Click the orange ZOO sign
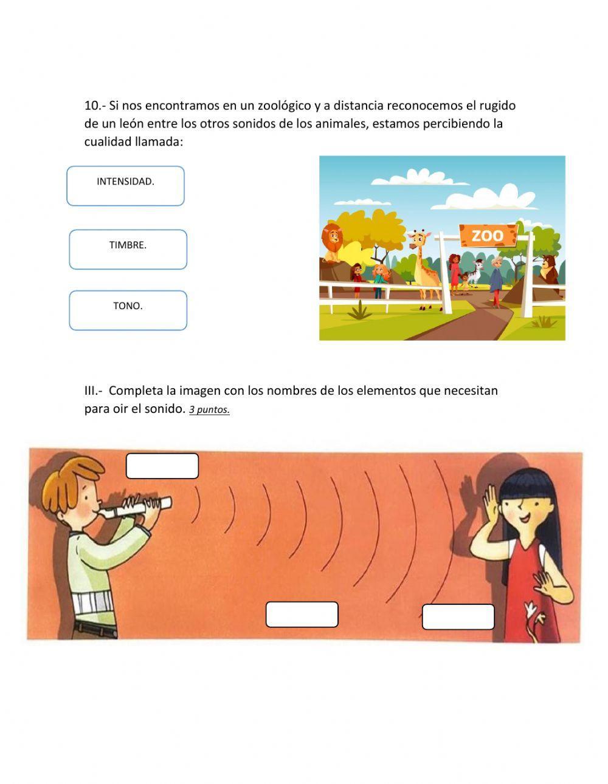point(488,235)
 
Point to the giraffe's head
point(418,239)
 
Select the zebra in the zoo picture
point(478,270)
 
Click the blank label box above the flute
point(162,466)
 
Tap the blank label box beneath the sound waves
point(302,615)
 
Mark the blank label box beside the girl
point(458,617)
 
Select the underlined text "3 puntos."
point(209,410)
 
